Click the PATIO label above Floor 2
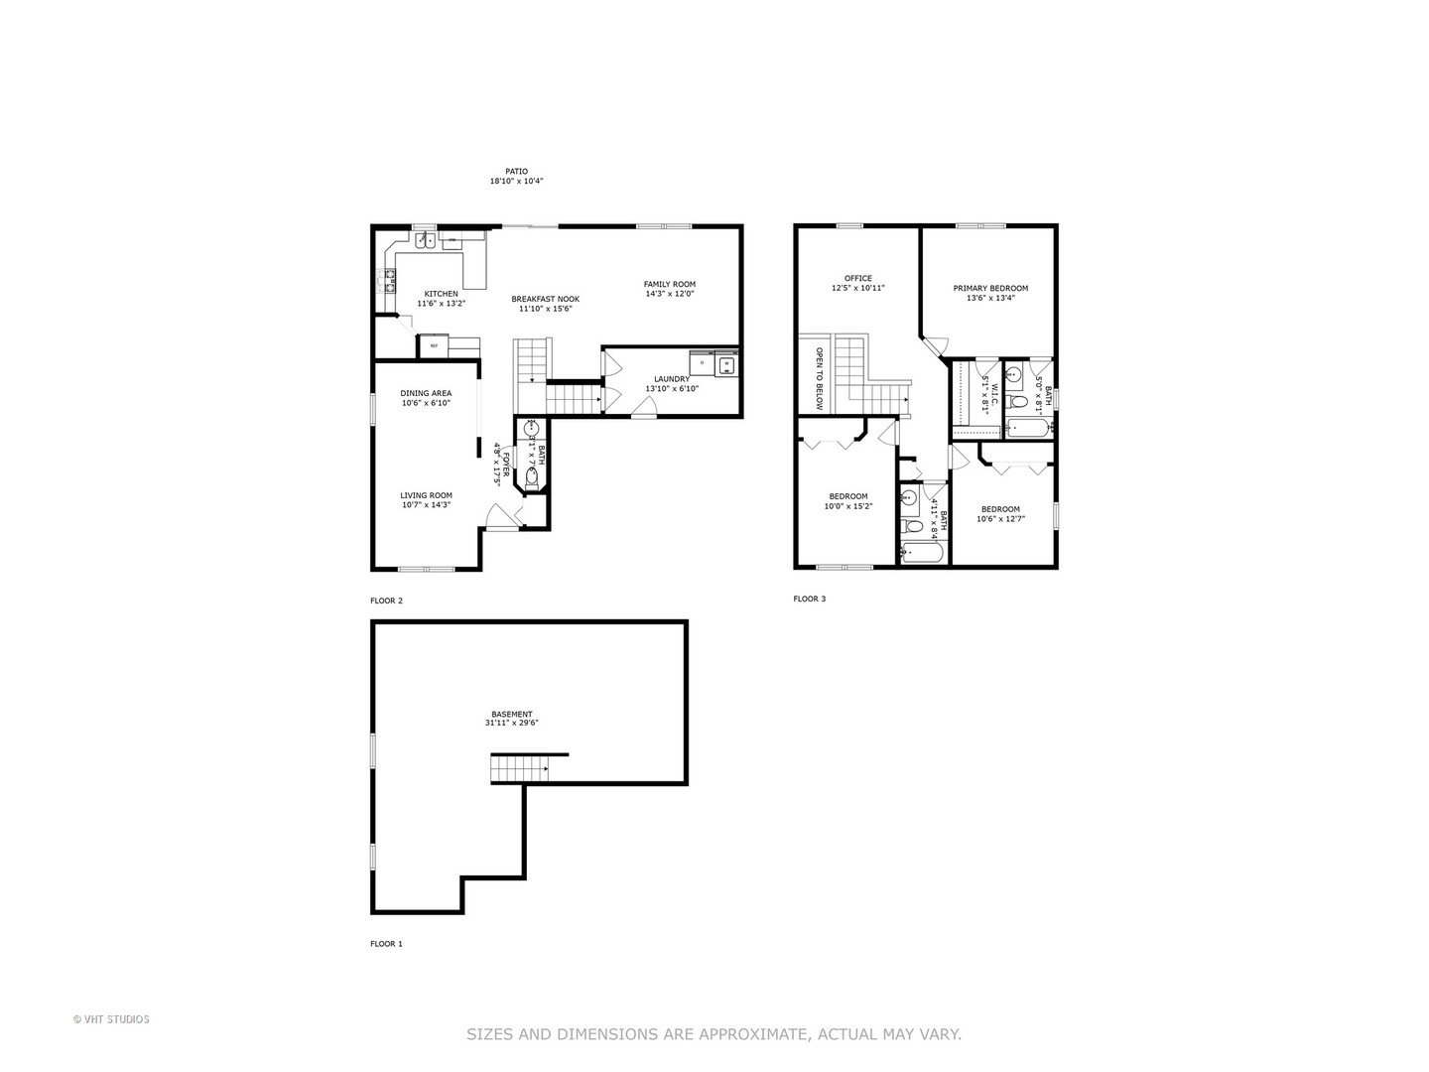pyautogui.click(x=516, y=171)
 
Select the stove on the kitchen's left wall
pyautogui.click(x=383, y=281)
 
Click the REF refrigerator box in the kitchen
pyautogui.click(x=434, y=345)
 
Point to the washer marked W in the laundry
pyautogui.click(x=727, y=364)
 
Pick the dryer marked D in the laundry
pyautogui.click(x=702, y=364)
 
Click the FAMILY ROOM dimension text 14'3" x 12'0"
pyautogui.click(x=670, y=294)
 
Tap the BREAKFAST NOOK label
pyautogui.click(x=545, y=299)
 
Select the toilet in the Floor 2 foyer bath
pyautogui.click(x=531, y=477)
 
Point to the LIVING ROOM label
pyautogui.click(x=426, y=495)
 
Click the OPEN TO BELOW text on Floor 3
pyautogui.click(x=819, y=378)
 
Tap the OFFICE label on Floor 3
pyautogui.click(x=857, y=278)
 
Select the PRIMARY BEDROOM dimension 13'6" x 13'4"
pyautogui.click(x=990, y=298)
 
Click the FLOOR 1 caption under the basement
pyautogui.click(x=386, y=944)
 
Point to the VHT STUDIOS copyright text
pyautogui.click(x=111, y=1018)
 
